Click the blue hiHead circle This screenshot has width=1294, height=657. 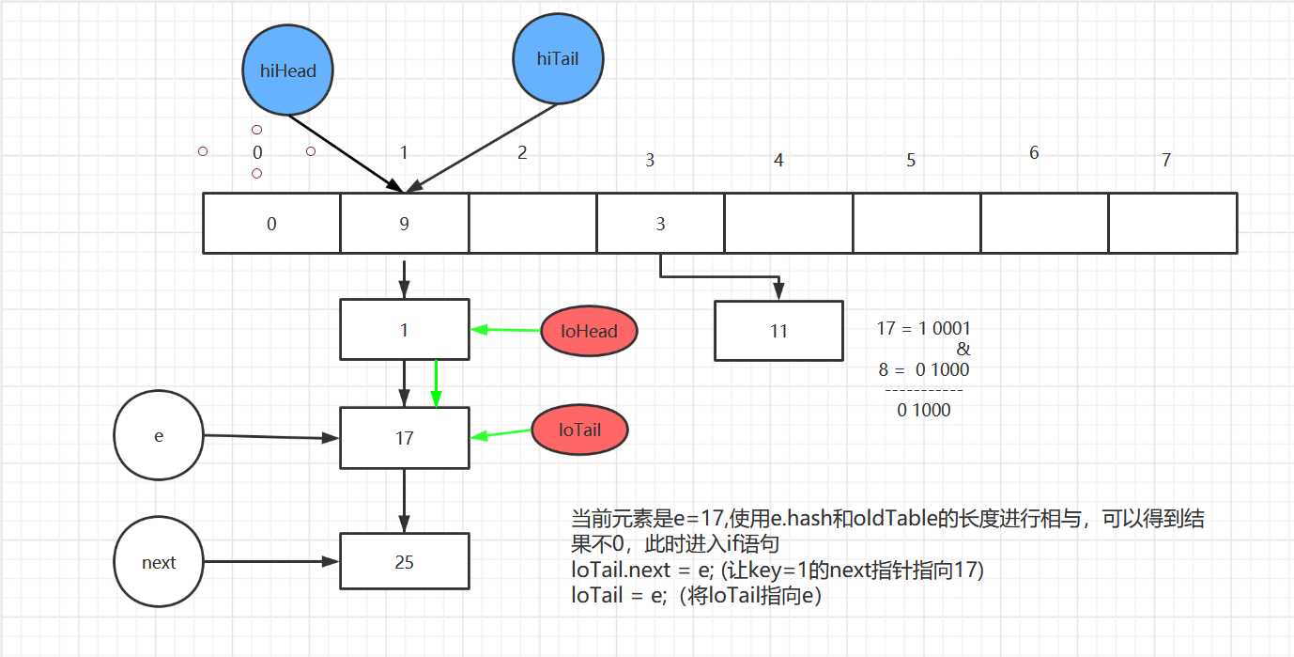point(287,70)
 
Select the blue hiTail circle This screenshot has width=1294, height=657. point(558,59)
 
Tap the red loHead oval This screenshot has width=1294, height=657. point(589,331)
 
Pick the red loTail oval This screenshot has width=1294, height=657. point(579,430)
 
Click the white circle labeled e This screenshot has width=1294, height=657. point(158,437)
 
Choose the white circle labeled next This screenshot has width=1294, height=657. point(158,562)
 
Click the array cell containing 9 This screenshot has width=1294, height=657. point(404,224)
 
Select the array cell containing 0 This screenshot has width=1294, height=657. point(271,224)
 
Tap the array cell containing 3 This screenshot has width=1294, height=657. point(660,224)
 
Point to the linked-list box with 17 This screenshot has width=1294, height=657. point(404,438)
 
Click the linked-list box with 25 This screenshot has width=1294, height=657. point(404,562)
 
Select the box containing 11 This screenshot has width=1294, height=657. point(778,331)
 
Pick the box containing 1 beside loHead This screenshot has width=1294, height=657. point(404,330)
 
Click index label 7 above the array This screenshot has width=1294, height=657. point(1166,161)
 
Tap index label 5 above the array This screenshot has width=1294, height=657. point(911,161)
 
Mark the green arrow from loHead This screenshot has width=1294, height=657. point(505,330)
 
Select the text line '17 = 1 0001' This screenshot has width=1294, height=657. point(924,329)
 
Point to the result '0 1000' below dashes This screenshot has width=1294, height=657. point(924,410)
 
